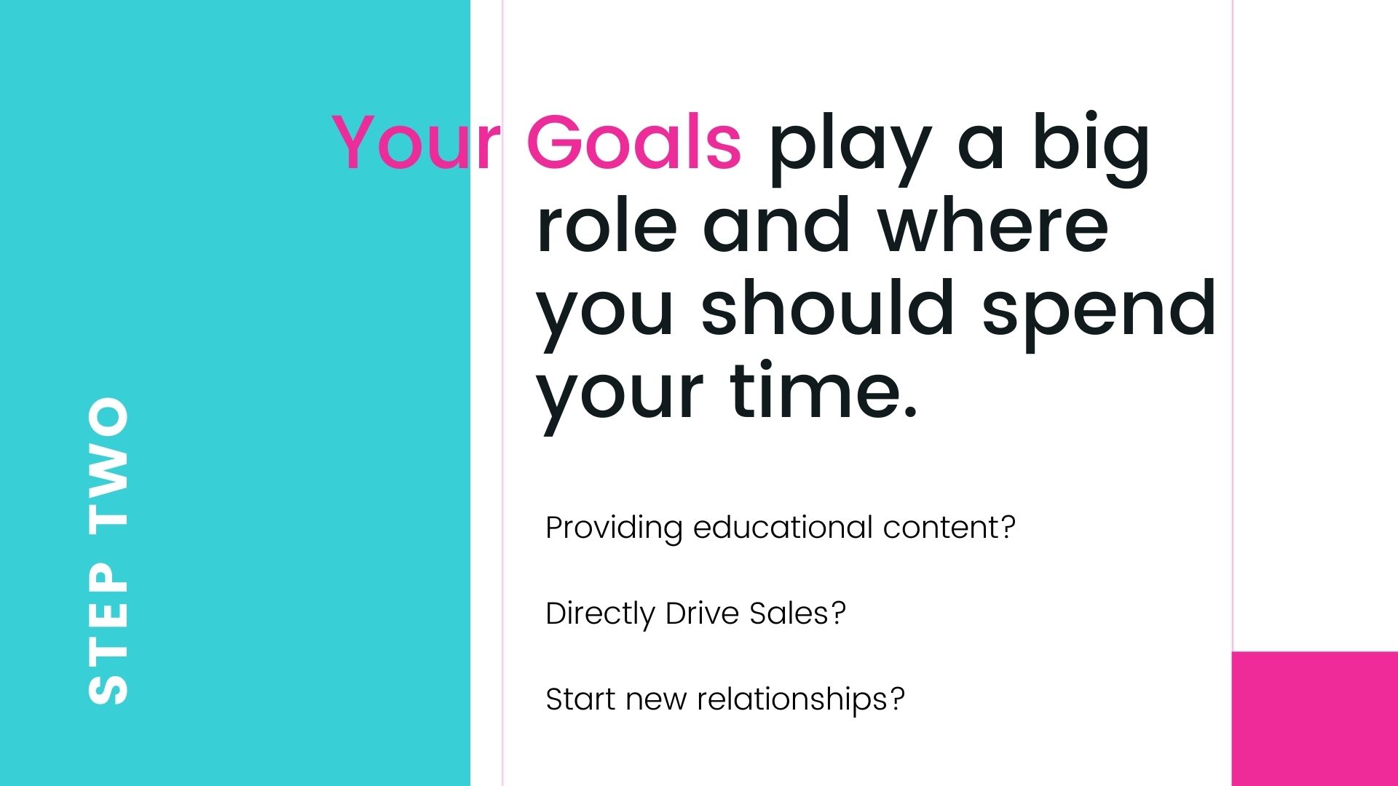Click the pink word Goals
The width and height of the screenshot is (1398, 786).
point(633,142)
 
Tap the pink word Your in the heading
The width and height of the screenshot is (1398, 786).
point(416,142)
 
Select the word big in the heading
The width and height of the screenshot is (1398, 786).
point(1091,149)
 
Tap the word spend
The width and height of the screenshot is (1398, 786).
point(1099,313)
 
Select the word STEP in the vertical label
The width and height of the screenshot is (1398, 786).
point(108,633)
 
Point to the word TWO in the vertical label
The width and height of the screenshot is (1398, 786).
point(108,462)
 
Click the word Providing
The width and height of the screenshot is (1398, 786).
point(614,528)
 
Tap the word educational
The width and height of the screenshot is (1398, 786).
point(783,527)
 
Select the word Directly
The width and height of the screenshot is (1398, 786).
point(600,614)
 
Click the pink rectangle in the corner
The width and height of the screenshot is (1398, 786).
point(1315,719)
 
